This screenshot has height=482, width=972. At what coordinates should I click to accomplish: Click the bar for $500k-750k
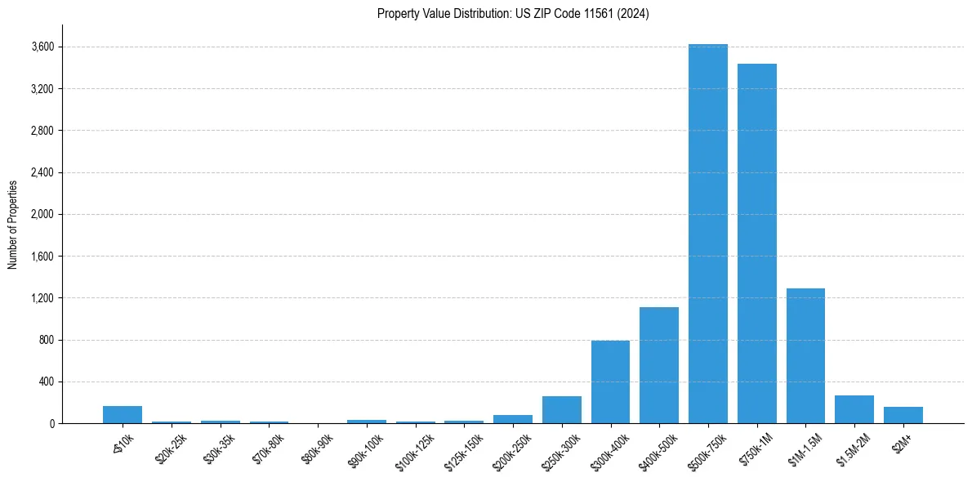click(707, 234)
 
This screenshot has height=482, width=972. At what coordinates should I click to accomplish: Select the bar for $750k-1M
click(756, 243)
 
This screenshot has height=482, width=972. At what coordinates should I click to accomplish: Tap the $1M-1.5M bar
click(805, 355)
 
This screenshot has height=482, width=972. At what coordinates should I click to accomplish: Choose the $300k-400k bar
click(610, 382)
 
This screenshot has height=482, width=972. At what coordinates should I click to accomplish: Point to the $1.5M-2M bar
click(854, 409)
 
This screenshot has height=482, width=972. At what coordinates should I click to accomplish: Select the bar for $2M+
click(903, 415)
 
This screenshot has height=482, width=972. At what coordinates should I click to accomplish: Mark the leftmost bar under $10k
click(123, 415)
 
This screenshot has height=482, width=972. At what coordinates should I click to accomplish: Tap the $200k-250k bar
click(513, 419)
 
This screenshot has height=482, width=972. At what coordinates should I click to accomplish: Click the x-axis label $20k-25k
click(171, 447)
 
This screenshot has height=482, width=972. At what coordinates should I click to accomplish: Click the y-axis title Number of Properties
click(12, 224)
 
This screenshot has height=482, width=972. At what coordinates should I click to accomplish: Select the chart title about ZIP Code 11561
click(513, 14)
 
